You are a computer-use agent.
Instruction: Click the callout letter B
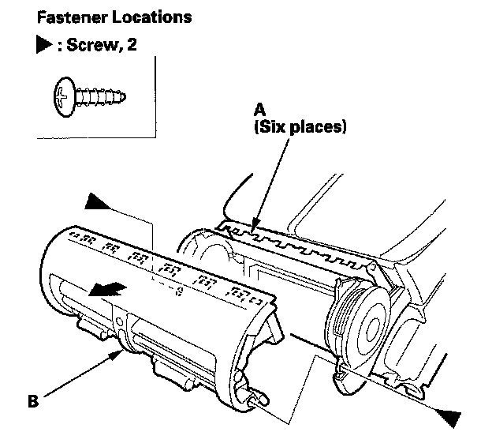(x=32, y=402)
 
